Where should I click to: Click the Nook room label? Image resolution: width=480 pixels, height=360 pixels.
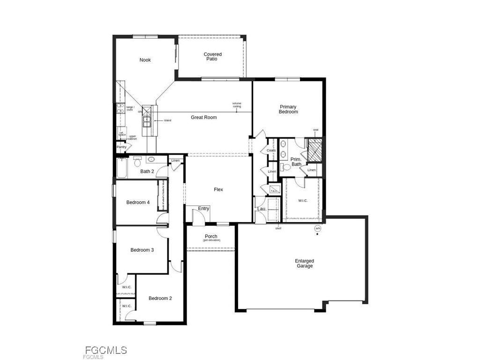(x=145, y=60)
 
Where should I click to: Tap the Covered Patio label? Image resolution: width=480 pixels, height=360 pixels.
(x=212, y=57)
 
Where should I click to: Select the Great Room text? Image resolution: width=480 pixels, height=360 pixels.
(x=203, y=117)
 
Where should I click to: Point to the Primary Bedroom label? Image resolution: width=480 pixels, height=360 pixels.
(x=288, y=109)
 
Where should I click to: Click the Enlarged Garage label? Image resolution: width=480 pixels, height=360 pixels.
(x=304, y=263)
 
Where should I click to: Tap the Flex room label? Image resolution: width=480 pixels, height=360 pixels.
(x=218, y=189)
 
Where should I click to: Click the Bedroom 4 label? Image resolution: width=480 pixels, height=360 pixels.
(x=138, y=202)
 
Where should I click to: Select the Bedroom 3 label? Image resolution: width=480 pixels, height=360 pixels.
(x=142, y=250)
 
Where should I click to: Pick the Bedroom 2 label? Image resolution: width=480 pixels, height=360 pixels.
(x=160, y=298)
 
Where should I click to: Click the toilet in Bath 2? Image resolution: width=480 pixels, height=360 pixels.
(x=137, y=163)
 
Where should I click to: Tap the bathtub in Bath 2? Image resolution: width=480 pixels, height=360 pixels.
(x=121, y=168)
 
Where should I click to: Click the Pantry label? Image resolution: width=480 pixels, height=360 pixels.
(x=121, y=147)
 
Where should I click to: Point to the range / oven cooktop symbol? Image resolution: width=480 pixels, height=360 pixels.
(x=120, y=108)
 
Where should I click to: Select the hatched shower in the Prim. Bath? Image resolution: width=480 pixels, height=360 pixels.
(x=314, y=150)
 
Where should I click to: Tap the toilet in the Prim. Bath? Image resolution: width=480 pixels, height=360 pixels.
(x=286, y=167)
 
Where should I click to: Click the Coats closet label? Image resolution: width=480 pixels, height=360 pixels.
(x=271, y=150)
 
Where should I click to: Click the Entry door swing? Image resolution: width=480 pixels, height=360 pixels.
(x=198, y=216)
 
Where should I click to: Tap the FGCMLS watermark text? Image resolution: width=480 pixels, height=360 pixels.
(x=105, y=350)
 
